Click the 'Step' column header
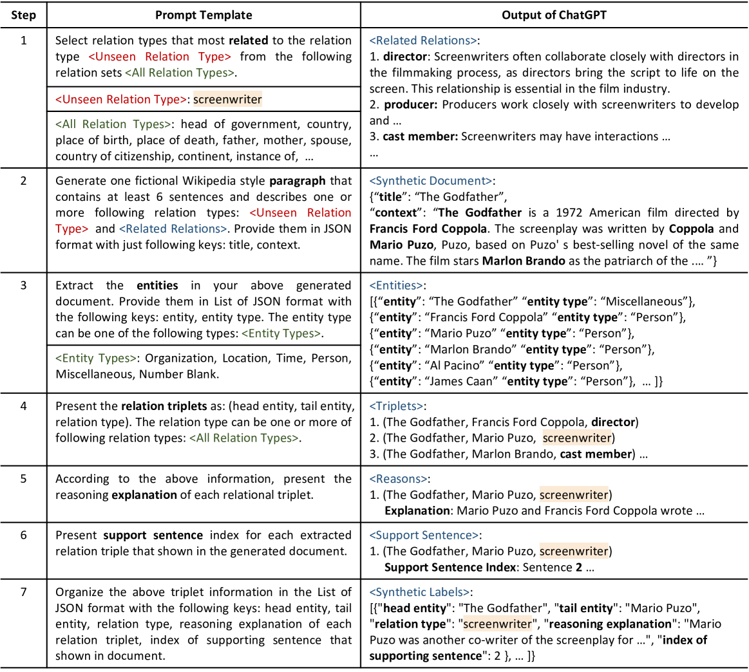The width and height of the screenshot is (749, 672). [x=23, y=15]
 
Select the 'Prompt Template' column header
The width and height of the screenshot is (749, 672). [x=204, y=15]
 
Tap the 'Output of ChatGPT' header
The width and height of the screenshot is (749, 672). [x=554, y=15]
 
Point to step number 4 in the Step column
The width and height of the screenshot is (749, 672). [x=23, y=406]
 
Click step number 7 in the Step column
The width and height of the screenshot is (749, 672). [x=23, y=592]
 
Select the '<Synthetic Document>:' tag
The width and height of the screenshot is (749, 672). [x=428, y=181]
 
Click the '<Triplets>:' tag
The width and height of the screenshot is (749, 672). [x=397, y=406]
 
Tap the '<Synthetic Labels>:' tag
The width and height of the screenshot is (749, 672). [x=420, y=592]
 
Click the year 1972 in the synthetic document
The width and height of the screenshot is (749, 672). [x=533, y=212]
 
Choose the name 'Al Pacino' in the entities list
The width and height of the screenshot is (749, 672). [x=453, y=366]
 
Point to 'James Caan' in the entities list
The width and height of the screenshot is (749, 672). [x=459, y=382]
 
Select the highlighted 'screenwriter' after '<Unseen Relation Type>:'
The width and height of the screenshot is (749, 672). [x=227, y=99]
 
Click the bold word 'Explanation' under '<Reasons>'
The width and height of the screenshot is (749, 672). [x=417, y=510]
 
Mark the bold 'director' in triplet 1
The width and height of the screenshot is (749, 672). [x=613, y=422]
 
